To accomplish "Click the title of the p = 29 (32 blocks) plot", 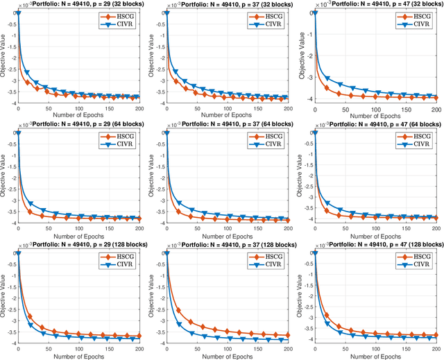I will [82, 6].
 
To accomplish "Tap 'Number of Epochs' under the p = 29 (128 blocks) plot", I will [78, 354].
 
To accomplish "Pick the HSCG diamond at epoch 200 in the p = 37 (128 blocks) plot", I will [287, 336].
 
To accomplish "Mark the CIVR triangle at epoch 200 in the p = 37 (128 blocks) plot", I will [287, 340].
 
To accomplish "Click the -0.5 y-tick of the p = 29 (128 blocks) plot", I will [9, 264].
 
